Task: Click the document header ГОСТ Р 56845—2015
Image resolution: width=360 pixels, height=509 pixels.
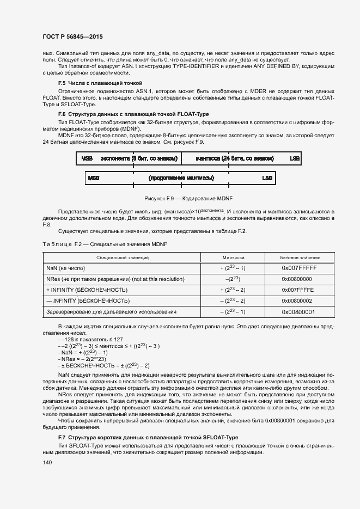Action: (72, 36)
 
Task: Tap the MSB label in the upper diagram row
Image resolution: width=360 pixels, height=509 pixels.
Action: (87, 158)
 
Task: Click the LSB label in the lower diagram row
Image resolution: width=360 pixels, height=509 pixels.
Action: (267, 178)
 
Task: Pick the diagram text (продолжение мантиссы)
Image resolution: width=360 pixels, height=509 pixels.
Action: (181, 178)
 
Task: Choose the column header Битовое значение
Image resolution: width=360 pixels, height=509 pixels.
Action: (300, 257)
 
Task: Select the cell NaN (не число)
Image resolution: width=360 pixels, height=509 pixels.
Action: (66, 268)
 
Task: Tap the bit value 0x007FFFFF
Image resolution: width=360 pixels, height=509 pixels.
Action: (299, 268)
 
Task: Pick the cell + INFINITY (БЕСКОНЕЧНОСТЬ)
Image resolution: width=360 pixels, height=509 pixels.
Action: (87, 290)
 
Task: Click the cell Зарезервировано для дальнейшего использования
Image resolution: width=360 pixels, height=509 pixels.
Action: (112, 311)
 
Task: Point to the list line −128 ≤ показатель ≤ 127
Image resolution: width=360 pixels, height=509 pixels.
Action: (87, 339)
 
